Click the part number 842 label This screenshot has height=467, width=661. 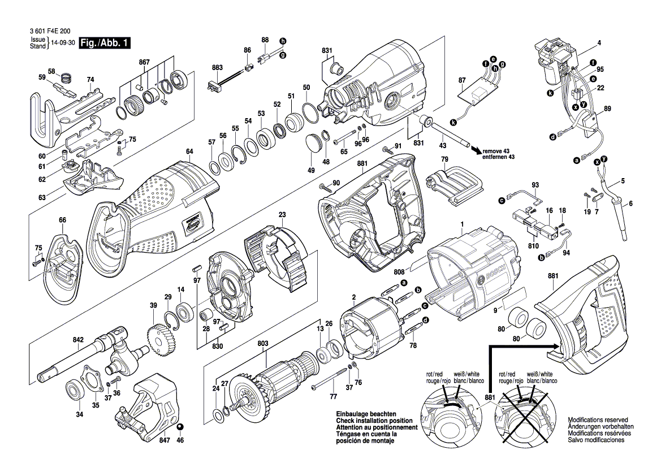(x=78, y=340)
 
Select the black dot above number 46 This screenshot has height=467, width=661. (x=180, y=427)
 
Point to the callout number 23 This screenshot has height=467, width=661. (x=282, y=214)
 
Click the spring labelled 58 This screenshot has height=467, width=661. (x=67, y=78)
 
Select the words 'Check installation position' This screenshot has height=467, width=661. (x=374, y=421)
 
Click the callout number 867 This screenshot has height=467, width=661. (x=144, y=62)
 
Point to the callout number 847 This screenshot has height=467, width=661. (x=165, y=439)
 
